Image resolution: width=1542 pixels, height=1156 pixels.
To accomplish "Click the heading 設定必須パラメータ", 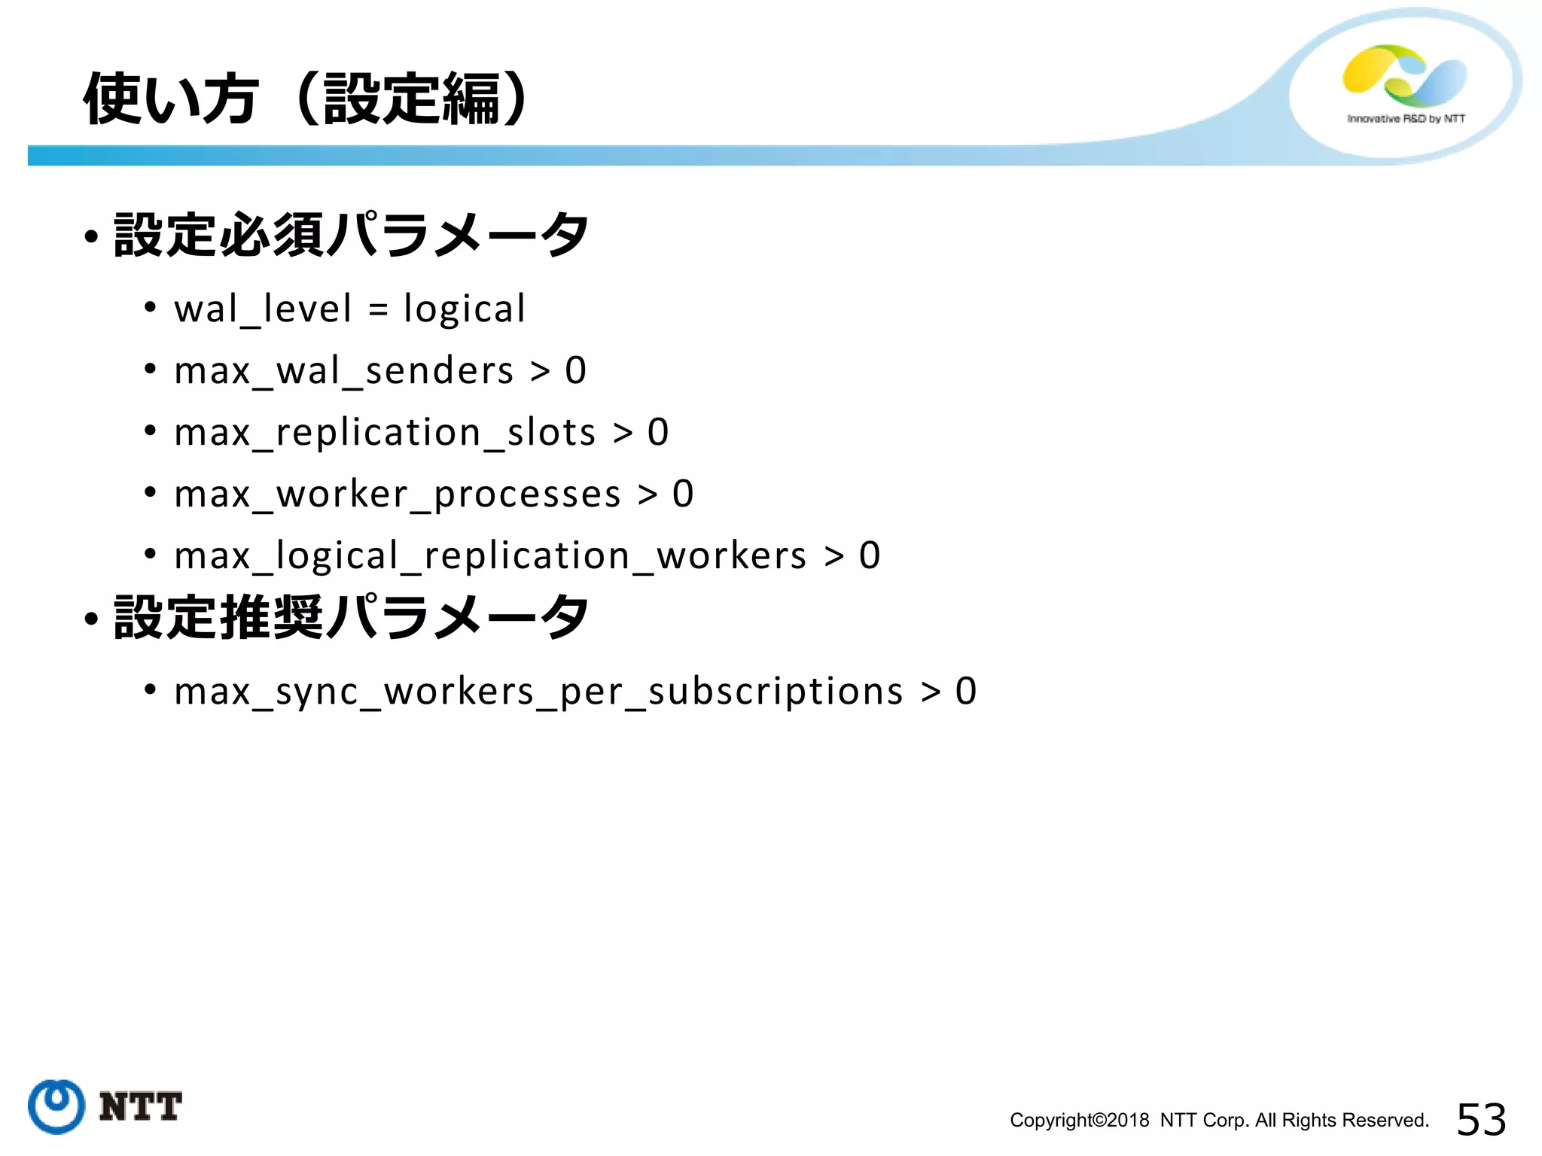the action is (351, 235).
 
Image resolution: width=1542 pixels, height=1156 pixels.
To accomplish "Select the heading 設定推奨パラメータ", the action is (351, 617).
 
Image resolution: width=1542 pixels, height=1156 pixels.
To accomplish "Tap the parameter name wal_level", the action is (263, 309).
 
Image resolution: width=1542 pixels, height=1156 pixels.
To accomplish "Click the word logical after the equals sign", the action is (464, 309).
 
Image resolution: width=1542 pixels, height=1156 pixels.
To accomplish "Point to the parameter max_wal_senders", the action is (343, 371).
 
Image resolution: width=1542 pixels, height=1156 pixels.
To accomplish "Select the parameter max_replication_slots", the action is (385, 433).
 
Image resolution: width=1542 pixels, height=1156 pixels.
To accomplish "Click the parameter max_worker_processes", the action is (398, 494).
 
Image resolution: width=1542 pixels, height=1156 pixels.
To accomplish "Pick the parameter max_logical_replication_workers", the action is (490, 556).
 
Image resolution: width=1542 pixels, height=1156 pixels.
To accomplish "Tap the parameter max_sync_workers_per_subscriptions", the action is (538, 692).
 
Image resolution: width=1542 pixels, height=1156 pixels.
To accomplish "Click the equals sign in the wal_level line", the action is (378, 309).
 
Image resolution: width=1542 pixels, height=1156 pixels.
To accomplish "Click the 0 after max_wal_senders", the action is (575, 371).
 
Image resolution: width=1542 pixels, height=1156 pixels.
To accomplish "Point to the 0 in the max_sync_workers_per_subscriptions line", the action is (966, 692).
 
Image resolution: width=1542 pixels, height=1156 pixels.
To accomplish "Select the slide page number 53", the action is (1481, 1119).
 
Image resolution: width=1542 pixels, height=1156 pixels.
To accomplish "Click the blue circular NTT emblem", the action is (56, 1106).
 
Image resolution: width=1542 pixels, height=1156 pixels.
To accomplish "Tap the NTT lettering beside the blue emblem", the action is (141, 1106).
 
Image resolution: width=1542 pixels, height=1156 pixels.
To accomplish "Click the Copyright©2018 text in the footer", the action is (1079, 1120).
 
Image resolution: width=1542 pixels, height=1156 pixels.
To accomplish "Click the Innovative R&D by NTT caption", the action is (1406, 119).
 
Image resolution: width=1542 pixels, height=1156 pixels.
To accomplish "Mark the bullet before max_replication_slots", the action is (151, 431).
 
